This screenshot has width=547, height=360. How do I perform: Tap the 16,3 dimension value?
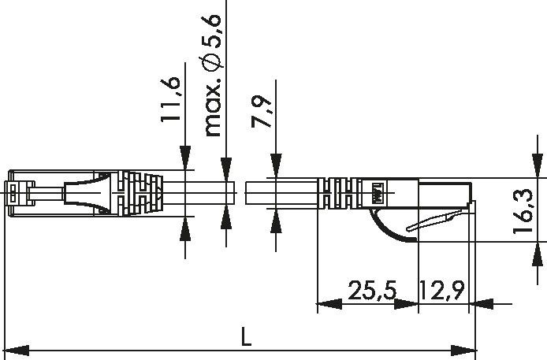(523, 210)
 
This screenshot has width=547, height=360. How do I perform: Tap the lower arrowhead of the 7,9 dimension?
(274, 218)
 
